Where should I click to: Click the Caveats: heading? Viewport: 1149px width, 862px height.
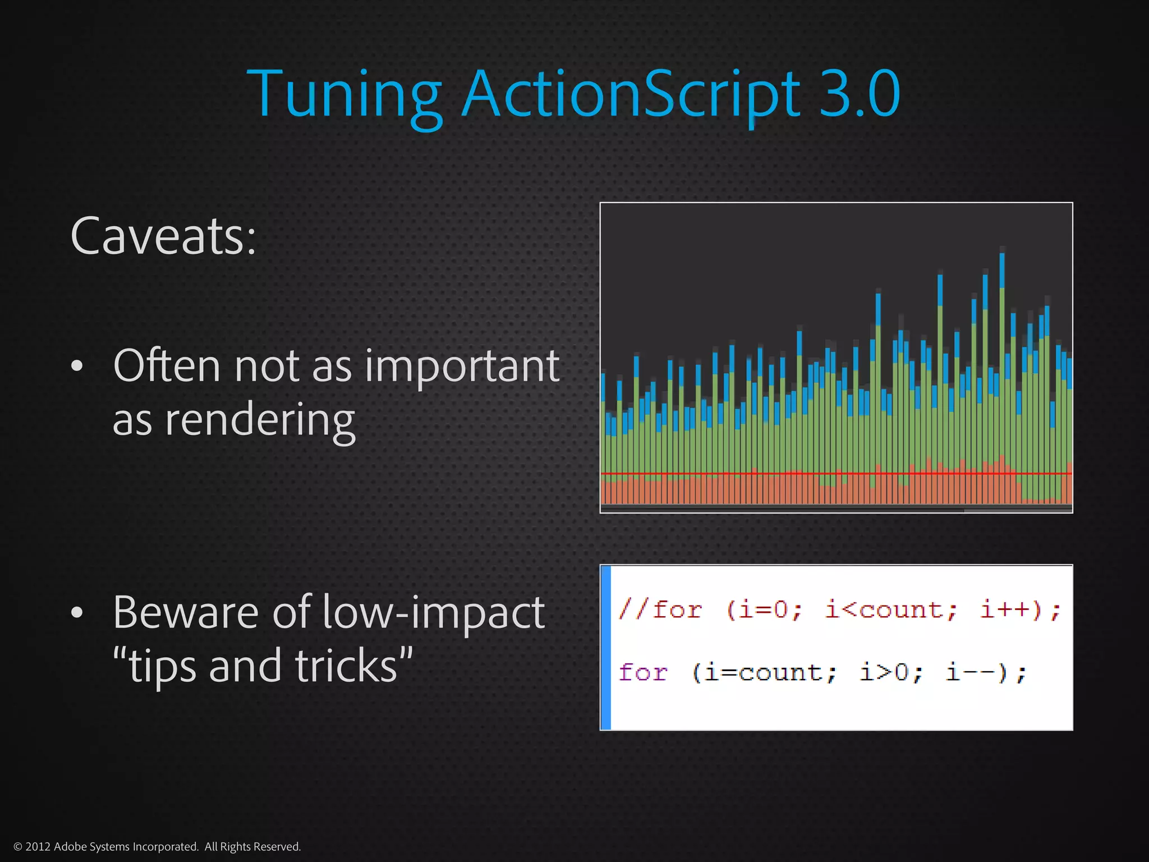coord(163,236)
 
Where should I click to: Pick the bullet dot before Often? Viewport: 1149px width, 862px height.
coord(77,366)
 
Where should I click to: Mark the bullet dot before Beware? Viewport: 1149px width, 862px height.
coord(77,613)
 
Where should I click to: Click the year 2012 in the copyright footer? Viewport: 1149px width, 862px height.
coord(38,847)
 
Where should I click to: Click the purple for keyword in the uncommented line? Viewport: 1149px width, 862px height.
coord(643,672)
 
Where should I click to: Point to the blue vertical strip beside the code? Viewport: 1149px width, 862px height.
coord(606,647)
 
